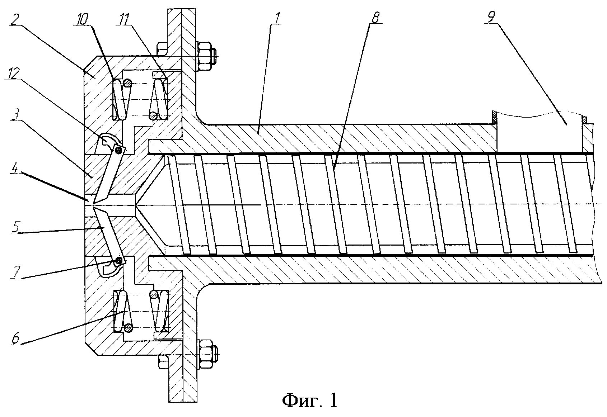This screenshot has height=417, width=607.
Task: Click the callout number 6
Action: point(16,338)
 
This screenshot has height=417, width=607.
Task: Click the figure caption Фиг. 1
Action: point(309,400)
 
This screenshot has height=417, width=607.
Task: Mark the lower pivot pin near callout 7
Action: point(118,261)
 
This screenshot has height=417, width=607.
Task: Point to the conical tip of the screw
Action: point(150,205)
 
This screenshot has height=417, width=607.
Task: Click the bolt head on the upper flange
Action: point(162,48)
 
